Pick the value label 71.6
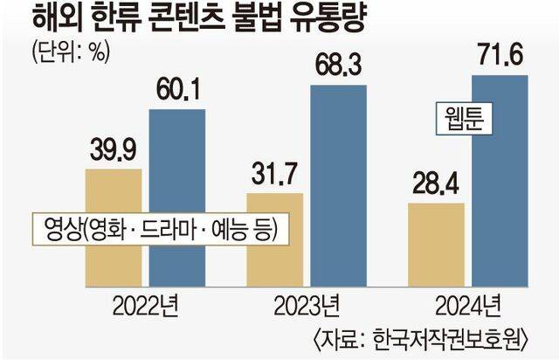[x=500, y=59]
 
